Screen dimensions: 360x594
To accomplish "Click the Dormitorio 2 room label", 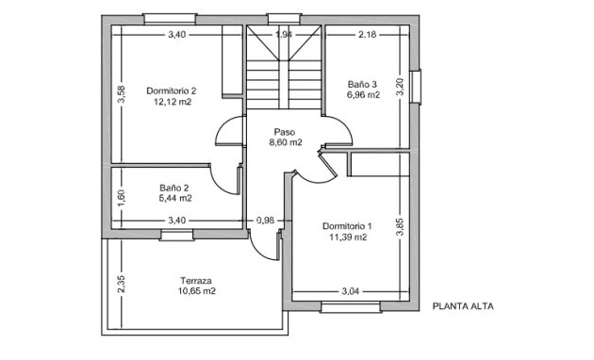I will (171, 91).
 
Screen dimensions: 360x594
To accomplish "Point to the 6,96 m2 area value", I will (362, 95).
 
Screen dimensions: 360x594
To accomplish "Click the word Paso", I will (285, 132).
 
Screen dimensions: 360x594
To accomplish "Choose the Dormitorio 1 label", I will (348, 226).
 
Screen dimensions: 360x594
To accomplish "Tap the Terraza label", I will (196, 281).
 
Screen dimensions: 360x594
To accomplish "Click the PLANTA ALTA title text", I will (463, 306).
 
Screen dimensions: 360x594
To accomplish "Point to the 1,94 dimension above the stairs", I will (284, 35).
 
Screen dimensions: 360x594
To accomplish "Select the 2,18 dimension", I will (367, 35).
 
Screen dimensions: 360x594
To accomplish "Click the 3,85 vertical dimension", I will (400, 227).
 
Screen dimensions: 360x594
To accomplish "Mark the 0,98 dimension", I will (265, 221).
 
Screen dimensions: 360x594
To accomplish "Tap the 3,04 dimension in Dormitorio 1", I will (350, 290).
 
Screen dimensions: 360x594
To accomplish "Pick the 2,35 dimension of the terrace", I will (120, 284).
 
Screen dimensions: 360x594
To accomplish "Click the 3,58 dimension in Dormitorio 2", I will (121, 96).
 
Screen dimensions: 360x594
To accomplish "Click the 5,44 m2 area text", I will (174, 199).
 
